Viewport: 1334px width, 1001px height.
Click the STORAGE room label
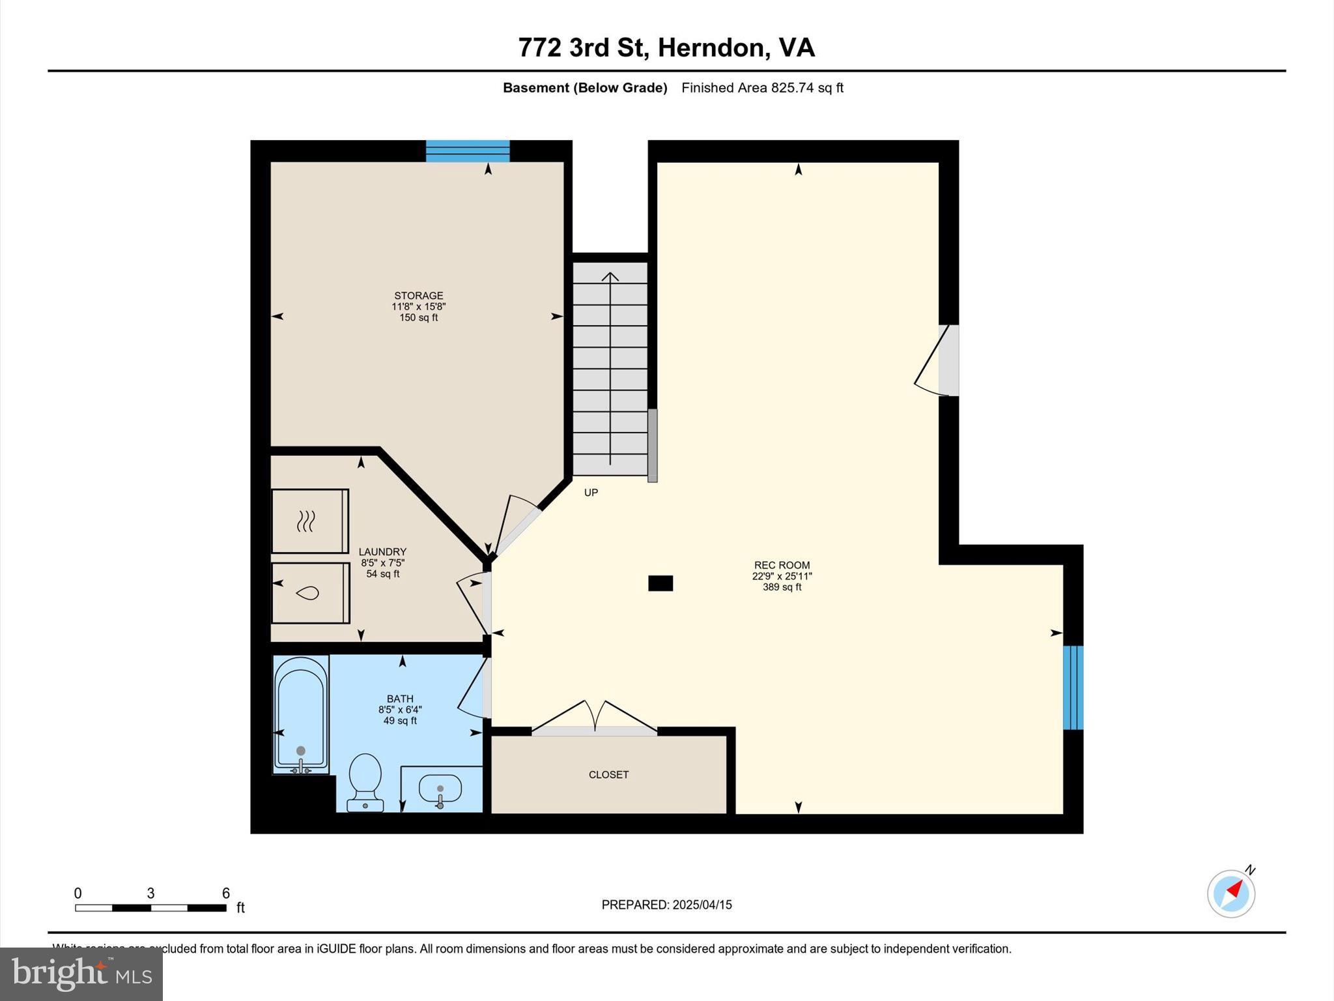[418, 295]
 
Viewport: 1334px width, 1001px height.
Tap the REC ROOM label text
[782, 565]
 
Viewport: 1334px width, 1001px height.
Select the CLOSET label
[608, 774]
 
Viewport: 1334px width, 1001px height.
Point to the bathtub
[300, 714]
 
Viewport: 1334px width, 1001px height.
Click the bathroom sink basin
[440, 789]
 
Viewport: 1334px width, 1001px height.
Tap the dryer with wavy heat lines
[309, 521]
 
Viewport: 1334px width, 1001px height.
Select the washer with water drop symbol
[310, 593]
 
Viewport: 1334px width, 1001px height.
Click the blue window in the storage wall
[468, 151]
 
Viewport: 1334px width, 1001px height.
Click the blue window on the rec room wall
[1073, 688]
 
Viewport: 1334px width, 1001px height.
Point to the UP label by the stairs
[591, 493]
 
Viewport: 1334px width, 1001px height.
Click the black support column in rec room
[660, 583]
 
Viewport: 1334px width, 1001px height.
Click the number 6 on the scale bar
[226, 893]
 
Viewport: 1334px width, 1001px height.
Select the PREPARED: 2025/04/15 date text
[666, 905]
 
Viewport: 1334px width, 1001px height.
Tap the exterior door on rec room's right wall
[938, 360]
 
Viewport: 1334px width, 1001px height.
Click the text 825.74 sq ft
[807, 87]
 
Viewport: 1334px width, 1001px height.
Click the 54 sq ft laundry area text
[382, 573]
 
